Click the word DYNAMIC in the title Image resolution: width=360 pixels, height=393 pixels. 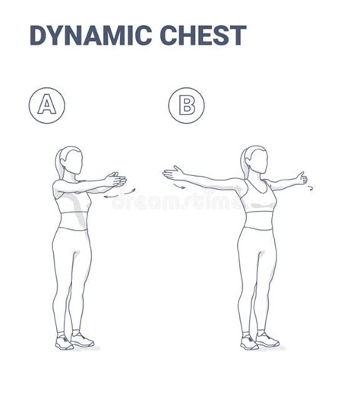click(x=86, y=36)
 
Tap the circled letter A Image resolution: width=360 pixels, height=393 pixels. click(x=47, y=105)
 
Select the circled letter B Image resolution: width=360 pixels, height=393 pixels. click(x=186, y=105)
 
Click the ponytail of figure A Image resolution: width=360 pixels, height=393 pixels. click(x=58, y=162)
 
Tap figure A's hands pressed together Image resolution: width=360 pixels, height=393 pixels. click(x=115, y=181)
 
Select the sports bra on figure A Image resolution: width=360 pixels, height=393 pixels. click(x=75, y=200)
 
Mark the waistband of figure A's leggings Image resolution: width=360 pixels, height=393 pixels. click(x=74, y=229)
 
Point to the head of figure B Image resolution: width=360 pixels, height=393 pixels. click(x=257, y=161)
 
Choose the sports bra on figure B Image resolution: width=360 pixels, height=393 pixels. click(x=257, y=199)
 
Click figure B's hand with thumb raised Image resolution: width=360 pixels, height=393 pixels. click(x=301, y=179)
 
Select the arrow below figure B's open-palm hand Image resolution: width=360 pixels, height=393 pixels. click(x=178, y=186)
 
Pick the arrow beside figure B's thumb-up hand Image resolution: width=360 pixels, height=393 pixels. click(x=310, y=187)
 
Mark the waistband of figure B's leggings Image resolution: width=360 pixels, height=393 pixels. click(x=257, y=228)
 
